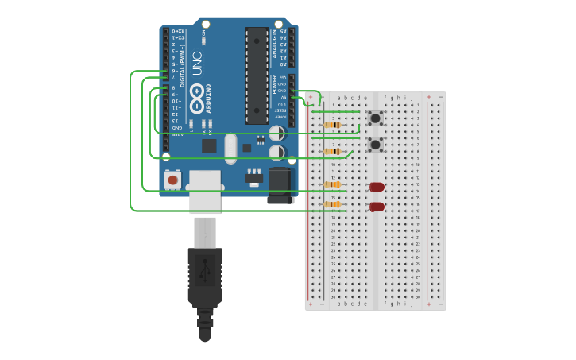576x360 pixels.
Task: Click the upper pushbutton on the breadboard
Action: pyautogui.click(x=375, y=118)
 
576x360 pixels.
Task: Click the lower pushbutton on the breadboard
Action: pyautogui.click(x=375, y=145)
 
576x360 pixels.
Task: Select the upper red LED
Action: pyautogui.click(x=377, y=187)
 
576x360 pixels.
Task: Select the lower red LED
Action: pyautogui.click(x=377, y=207)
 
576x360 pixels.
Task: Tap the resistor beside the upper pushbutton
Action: pyautogui.click(x=334, y=125)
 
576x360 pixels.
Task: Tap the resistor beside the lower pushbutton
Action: pyautogui.click(x=334, y=151)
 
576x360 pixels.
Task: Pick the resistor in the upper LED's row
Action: pyautogui.click(x=332, y=185)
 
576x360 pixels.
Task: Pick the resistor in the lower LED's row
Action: pyautogui.click(x=332, y=204)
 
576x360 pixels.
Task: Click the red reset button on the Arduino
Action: pyautogui.click(x=172, y=180)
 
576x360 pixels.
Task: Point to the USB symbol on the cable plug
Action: pyautogui.click(x=204, y=268)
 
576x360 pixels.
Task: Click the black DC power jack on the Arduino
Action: pyautogui.click(x=280, y=184)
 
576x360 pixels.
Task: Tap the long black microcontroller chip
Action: pyautogui.click(x=257, y=75)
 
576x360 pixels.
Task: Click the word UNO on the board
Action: pyautogui.click(x=196, y=69)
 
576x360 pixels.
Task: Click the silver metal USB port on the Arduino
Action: pyautogui.click(x=204, y=191)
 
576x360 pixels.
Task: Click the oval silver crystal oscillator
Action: pyautogui.click(x=230, y=148)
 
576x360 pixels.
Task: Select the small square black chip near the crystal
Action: pyautogui.click(x=209, y=146)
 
